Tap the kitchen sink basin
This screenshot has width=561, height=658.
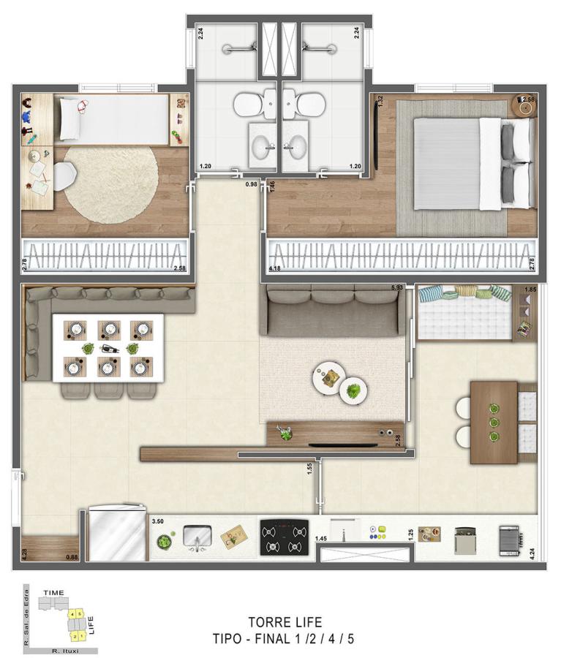[x=196, y=540]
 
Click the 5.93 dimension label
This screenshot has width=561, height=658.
[x=397, y=287]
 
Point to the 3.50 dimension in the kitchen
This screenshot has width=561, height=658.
[x=157, y=522]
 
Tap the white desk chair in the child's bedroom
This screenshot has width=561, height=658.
[x=64, y=174]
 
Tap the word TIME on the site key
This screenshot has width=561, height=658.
[x=54, y=592]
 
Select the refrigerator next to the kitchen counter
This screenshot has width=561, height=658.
[x=117, y=536]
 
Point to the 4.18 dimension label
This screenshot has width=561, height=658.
[x=276, y=269]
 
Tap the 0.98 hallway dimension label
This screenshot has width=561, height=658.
[x=252, y=184]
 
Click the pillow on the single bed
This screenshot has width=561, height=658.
[x=70, y=118]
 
